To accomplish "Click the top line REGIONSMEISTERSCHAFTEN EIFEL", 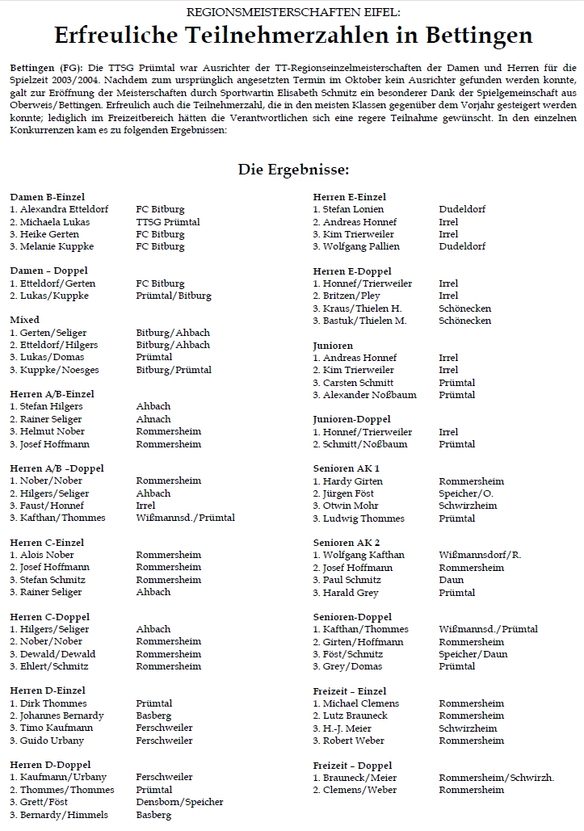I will [292, 13].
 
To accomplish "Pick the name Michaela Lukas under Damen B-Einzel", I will [50, 222].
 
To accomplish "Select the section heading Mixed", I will [25, 320].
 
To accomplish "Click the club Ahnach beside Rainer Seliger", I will [153, 419].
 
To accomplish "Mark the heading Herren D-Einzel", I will [48, 690].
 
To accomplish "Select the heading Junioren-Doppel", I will [351, 419].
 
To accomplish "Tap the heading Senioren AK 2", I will [347, 543].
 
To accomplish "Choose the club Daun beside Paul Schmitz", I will [452, 580].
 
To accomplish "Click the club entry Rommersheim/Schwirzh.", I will [496, 778].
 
